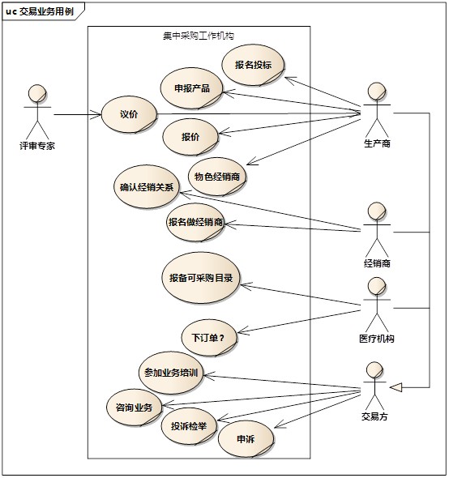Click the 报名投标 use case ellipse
click(x=253, y=65)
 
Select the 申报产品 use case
click(x=192, y=88)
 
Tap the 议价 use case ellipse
click(x=129, y=114)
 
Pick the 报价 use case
click(x=190, y=137)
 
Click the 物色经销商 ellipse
click(x=217, y=177)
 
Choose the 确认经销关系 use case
click(x=147, y=187)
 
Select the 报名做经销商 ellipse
click(x=195, y=222)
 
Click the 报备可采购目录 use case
click(x=201, y=278)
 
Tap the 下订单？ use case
click(x=209, y=338)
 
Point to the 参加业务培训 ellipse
click(x=171, y=373)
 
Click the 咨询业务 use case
click(x=134, y=408)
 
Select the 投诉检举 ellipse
click(x=189, y=426)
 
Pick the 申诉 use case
click(x=246, y=439)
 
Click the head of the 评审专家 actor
click(x=37, y=93)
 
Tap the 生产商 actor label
click(x=377, y=143)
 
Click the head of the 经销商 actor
click(x=377, y=211)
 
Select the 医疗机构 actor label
click(x=377, y=339)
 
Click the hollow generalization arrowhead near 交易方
click(x=396, y=387)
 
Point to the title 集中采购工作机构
click(x=199, y=36)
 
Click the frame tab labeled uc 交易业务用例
click(x=40, y=11)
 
